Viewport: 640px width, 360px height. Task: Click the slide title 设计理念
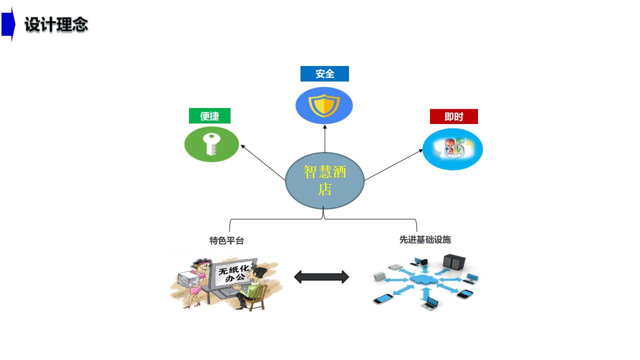(56, 24)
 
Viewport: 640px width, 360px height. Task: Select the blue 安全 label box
(324, 74)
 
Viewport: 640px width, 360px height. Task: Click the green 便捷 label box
(209, 116)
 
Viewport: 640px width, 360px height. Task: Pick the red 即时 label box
(453, 116)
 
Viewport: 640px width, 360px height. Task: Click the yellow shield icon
(324, 105)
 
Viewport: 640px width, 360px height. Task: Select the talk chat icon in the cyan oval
(453, 148)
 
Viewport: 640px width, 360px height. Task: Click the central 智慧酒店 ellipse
(324, 180)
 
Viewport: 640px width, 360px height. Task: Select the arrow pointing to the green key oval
(263, 162)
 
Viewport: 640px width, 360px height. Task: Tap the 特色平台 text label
(226, 240)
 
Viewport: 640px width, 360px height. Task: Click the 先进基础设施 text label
(425, 239)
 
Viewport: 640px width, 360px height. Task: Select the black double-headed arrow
(321, 277)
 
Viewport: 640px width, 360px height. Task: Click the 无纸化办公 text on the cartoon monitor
(234, 273)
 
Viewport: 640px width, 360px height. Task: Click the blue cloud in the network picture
(423, 279)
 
